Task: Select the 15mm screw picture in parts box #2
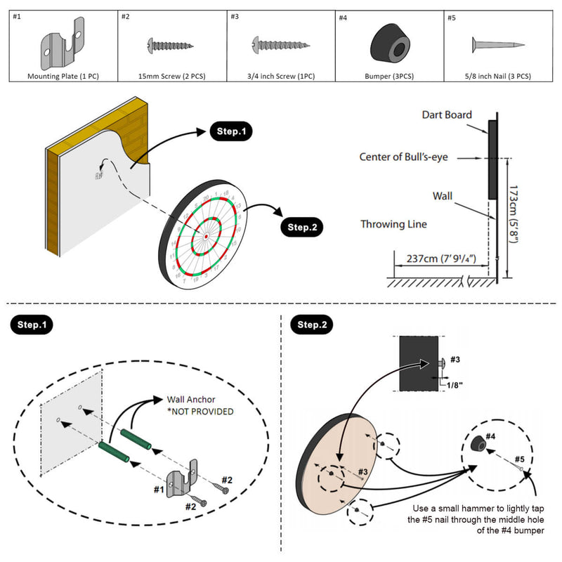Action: click(x=171, y=45)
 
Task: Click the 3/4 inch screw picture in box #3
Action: click(x=279, y=46)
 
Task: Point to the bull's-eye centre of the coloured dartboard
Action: click(x=206, y=237)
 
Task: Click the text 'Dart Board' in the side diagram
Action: click(x=447, y=115)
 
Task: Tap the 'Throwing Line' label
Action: click(x=393, y=224)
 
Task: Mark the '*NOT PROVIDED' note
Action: click(x=200, y=411)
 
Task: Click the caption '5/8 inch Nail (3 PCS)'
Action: click(x=497, y=76)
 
